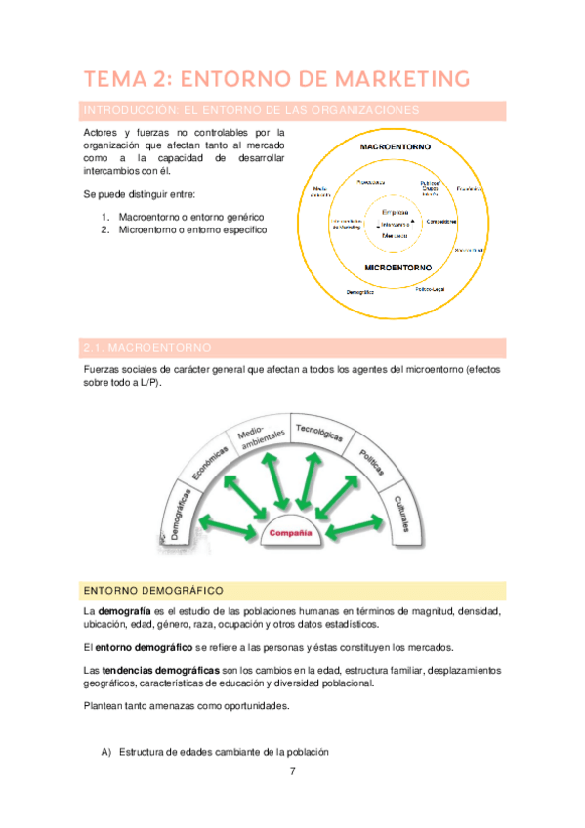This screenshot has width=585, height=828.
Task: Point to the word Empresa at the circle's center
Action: [396, 212]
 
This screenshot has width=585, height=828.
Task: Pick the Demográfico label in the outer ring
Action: [360, 292]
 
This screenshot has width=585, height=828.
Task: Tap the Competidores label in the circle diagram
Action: [443, 221]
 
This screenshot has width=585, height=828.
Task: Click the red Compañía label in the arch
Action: [290, 533]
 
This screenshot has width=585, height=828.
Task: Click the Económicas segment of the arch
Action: [210, 459]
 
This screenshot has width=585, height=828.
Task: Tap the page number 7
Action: [292, 771]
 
